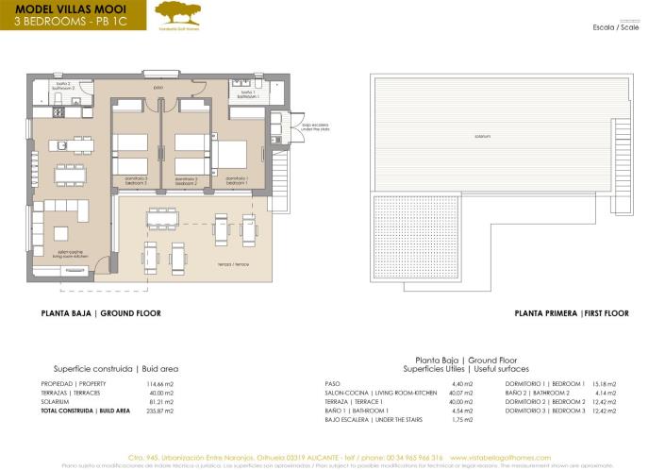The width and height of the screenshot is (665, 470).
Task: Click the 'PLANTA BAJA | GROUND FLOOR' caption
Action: pos(101,312)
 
